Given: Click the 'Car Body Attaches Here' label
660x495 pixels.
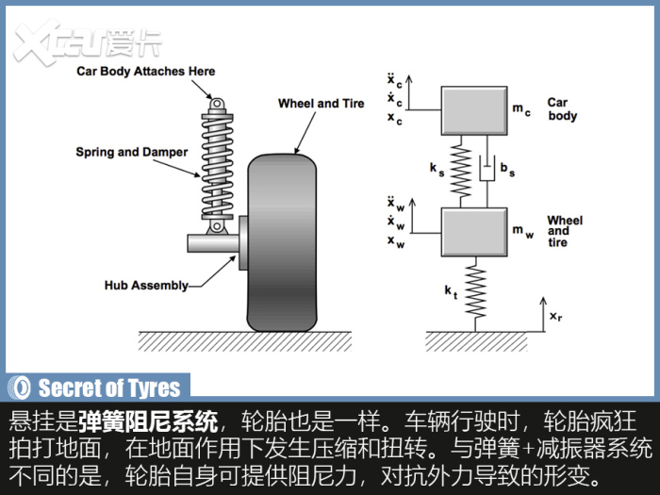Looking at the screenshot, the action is pyautogui.click(x=145, y=71).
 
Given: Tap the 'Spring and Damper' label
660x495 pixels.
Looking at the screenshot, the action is pyautogui.click(x=132, y=152).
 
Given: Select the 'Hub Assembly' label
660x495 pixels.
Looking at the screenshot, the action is pyautogui.click(x=146, y=286).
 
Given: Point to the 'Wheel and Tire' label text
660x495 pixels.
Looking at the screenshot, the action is pyautogui.click(x=322, y=103).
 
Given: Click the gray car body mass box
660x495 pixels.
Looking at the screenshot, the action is pyautogui.click(x=474, y=110).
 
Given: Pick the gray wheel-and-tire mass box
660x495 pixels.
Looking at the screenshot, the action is pyautogui.click(x=474, y=232).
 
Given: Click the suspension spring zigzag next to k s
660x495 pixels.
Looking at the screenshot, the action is pyautogui.click(x=461, y=171).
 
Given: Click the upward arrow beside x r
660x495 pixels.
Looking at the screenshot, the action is pyautogui.click(x=543, y=314).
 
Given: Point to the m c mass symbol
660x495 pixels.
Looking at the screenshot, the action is pyautogui.click(x=521, y=109).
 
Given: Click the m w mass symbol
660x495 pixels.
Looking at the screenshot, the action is pyautogui.click(x=522, y=231).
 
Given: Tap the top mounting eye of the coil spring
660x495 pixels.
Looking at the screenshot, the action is pyautogui.click(x=216, y=104).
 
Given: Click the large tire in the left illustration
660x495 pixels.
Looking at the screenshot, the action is pyautogui.click(x=282, y=243).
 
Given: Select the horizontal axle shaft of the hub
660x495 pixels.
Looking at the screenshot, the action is pyautogui.click(x=213, y=243).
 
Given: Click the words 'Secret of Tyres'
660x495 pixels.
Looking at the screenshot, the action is pyautogui.click(x=109, y=388).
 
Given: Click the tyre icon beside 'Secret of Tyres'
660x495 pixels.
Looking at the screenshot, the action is pyautogui.click(x=20, y=388).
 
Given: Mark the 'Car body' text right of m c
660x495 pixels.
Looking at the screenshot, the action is pyautogui.click(x=562, y=109).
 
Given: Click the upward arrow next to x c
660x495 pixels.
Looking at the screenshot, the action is pyautogui.click(x=409, y=92).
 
